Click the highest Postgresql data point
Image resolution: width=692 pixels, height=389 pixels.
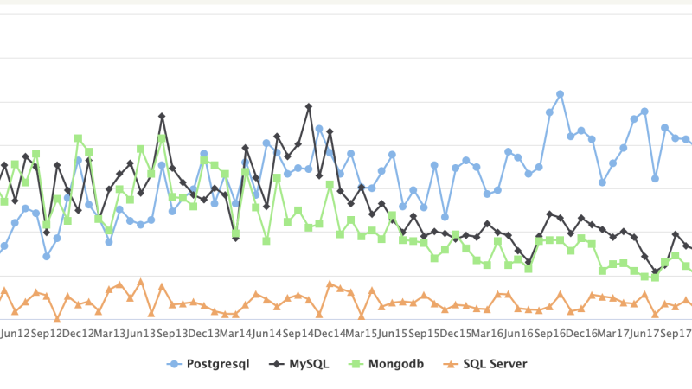point(561,93)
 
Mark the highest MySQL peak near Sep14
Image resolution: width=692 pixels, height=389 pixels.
point(309,106)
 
